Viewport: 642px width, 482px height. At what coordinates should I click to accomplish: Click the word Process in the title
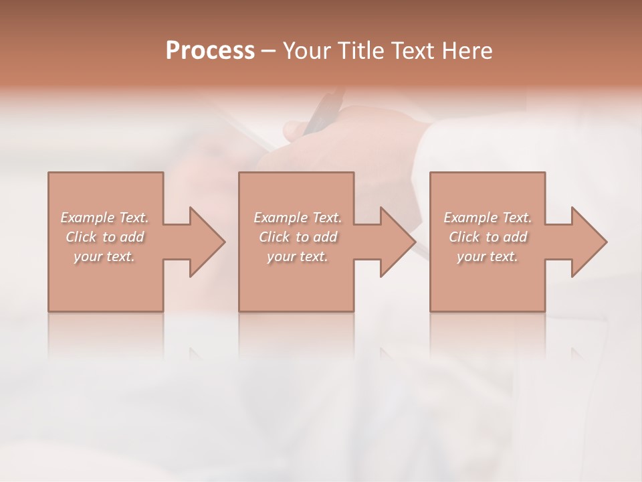pos(210,50)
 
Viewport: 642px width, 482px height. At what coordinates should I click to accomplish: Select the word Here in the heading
pos(468,50)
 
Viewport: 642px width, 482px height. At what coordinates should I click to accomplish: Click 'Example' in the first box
pos(88,218)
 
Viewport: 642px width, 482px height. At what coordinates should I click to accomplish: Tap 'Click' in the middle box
pos(274,237)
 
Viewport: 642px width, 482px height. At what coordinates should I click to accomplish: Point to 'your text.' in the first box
pos(104,256)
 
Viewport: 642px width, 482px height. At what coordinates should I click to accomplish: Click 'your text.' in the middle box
pos(297,256)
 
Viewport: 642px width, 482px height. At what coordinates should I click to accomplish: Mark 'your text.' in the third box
pos(488,256)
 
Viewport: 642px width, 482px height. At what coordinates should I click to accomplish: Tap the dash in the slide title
pos(267,51)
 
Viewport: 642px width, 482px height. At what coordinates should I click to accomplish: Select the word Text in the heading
pos(414,50)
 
